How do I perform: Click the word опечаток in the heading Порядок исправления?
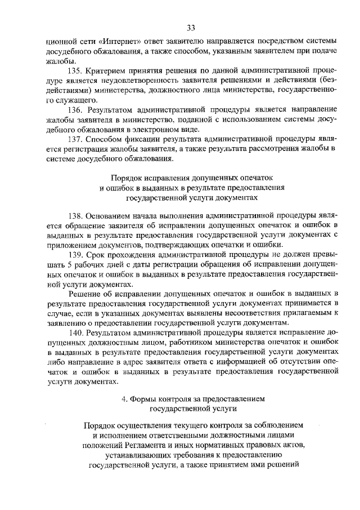[248, 178]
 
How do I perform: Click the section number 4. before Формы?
[125, 400]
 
